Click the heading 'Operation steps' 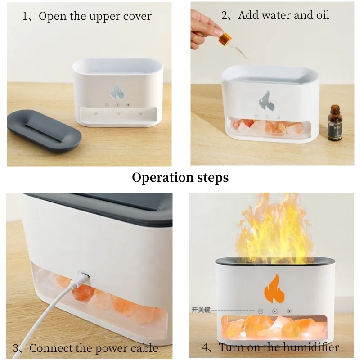coord(180,177)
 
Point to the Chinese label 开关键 coord(201,310)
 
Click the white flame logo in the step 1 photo coord(117,90)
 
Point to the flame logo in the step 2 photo coord(266,99)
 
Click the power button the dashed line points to coord(261,310)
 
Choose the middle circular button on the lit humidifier coord(274,310)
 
